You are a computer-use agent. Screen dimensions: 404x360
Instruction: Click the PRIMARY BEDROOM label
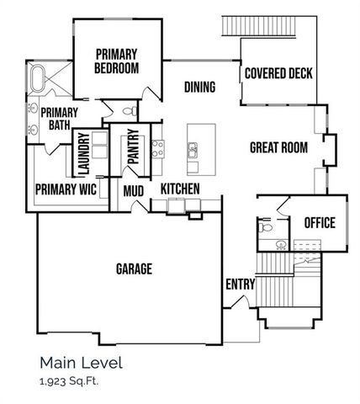point(116,61)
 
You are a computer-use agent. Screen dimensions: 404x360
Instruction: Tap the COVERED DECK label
point(278,73)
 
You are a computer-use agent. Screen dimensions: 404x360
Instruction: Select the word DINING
point(200,87)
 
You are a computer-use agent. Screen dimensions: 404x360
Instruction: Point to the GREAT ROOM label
point(278,148)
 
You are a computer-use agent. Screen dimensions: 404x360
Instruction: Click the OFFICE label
point(319,223)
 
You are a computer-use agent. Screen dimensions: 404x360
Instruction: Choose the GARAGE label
point(133,269)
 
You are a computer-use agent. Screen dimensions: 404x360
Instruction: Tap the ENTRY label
point(240,284)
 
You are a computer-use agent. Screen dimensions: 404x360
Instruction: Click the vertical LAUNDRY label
point(84,154)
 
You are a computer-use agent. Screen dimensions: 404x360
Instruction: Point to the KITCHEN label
point(180,189)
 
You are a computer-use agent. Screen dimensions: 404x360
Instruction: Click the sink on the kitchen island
point(193,151)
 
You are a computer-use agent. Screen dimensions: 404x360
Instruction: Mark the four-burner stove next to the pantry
point(156,150)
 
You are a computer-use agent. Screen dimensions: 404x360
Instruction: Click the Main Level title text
point(81,363)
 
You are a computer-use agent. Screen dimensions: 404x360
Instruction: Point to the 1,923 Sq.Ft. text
point(70,381)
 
